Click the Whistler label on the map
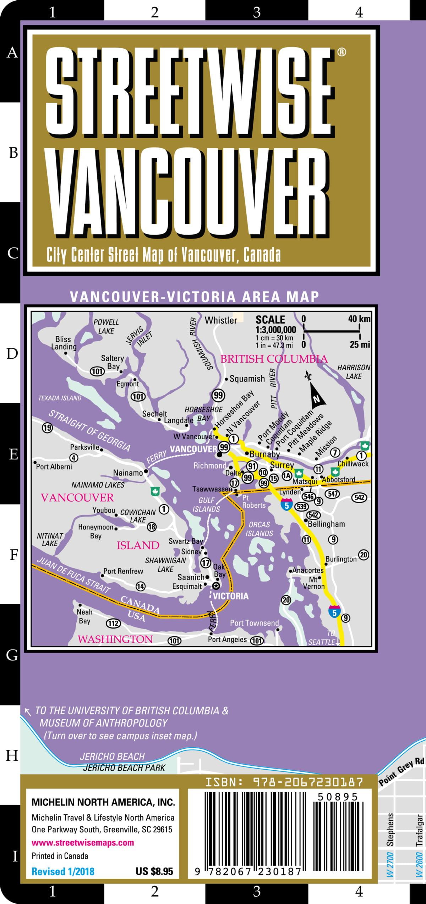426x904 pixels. point(220,320)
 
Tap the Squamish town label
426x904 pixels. point(247,379)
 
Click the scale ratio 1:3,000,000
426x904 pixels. point(276,329)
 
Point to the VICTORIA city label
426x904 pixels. point(231,596)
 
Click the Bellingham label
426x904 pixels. point(326,524)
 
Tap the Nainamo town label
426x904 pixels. point(128,473)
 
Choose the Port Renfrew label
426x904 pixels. point(123,571)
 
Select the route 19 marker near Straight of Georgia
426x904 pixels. point(47,428)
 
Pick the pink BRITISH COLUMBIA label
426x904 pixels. point(274,359)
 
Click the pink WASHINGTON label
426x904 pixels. point(115,639)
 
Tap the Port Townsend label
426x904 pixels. point(254,623)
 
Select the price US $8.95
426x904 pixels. point(154,871)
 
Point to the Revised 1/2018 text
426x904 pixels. point(63,871)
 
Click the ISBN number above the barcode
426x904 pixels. point(284,779)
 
